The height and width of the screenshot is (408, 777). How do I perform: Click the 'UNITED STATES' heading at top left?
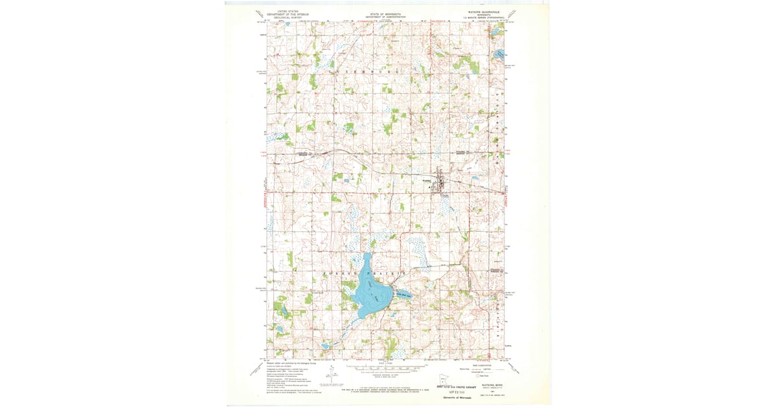click(288, 11)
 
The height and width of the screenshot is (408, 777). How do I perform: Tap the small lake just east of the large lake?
click(403, 295)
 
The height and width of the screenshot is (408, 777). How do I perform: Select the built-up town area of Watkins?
click(440, 183)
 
